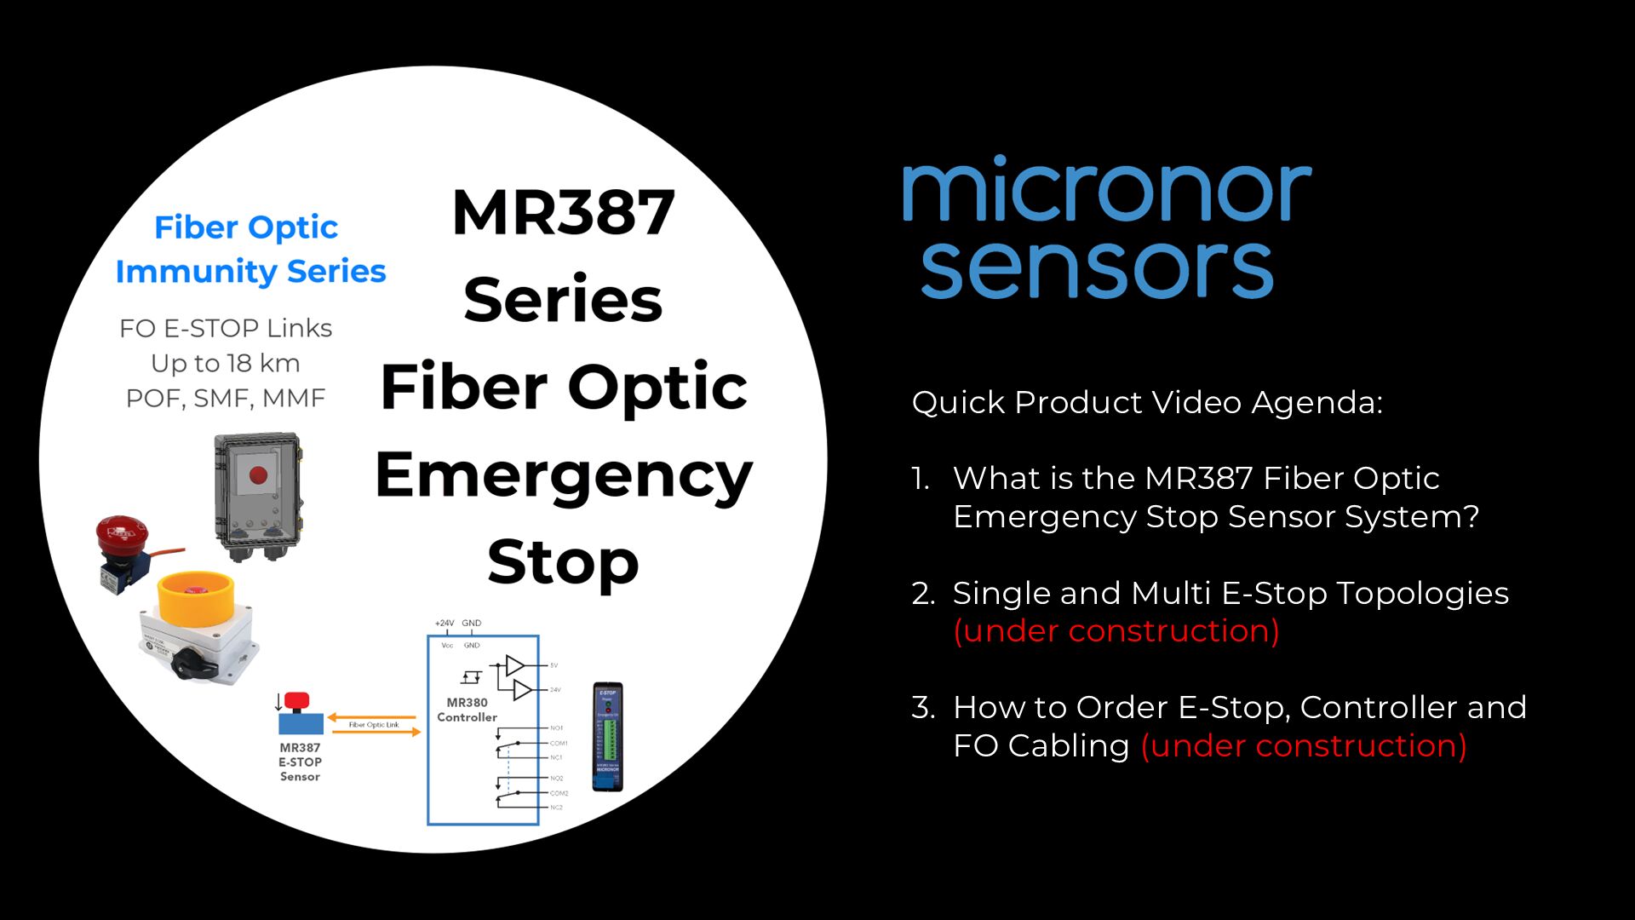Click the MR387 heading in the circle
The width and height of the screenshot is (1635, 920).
(563, 213)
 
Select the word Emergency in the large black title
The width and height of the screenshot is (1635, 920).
(563, 475)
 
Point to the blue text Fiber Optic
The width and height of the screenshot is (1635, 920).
(246, 227)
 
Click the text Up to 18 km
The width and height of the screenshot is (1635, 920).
(226, 364)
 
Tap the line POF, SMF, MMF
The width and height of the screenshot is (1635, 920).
(226, 399)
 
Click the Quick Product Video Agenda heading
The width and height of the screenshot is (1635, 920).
(1147, 402)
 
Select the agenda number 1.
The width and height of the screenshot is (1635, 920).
(921, 479)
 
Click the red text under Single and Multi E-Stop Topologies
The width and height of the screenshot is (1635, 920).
(1116, 631)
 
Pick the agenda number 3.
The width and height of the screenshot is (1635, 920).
(922, 708)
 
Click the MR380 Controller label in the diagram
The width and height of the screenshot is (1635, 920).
(467, 710)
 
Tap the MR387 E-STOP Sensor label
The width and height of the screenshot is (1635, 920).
(300, 762)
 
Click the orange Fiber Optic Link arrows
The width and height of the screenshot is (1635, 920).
(374, 725)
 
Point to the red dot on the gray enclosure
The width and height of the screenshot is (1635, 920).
(258, 474)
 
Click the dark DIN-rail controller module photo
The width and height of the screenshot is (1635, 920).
(607, 737)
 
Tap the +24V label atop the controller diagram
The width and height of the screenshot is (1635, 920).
(445, 624)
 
